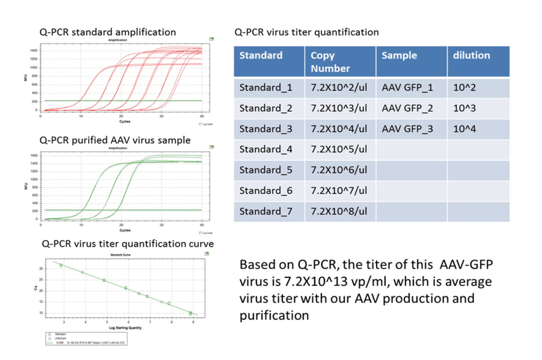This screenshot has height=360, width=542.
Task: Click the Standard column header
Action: (261, 55)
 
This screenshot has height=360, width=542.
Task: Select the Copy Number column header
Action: (330, 62)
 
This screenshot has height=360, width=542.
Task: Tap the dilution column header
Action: (471, 55)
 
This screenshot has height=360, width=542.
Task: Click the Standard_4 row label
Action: (265, 149)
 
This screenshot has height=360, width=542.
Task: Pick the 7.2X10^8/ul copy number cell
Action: (339, 211)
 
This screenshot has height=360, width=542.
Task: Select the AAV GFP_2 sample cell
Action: (407, 108)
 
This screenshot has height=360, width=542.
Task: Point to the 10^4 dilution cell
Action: (464, 129)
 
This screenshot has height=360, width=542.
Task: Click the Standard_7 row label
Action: (265, 211)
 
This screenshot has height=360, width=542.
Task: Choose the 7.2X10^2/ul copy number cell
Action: (339, 87)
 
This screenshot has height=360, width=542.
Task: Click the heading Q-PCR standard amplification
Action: (107, 32)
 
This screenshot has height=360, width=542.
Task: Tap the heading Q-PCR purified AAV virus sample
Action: (115, 140)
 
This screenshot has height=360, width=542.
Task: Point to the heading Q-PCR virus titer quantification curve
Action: (128, 244)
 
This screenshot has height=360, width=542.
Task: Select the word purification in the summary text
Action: (274, 315)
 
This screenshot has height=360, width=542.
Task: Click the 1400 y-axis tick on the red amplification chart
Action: (34, 51)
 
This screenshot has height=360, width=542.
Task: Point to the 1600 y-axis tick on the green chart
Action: (34, 156)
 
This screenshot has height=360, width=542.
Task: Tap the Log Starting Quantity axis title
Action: (125, 328)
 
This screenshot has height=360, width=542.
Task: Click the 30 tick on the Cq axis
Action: (41, 269)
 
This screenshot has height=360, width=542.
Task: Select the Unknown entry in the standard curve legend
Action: (60, 338)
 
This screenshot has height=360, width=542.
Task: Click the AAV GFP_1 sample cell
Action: (407, 87)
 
